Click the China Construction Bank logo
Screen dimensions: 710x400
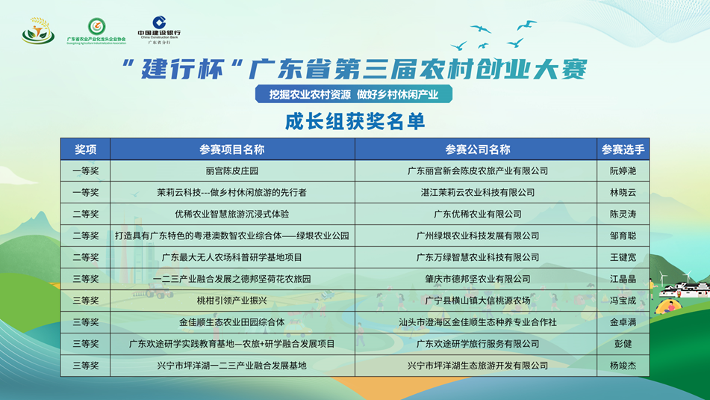point(159,30)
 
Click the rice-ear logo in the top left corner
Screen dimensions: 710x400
point(38,31)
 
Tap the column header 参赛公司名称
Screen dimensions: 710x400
point(478,150)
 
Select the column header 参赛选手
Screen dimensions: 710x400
point(623,150)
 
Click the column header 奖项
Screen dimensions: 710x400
point(86,150)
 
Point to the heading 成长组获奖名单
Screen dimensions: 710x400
point(355,121)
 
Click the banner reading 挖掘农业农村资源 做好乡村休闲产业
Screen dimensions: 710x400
point(354,94)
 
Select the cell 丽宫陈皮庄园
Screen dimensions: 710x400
point(232,171)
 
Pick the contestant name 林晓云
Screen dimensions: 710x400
point(623,193)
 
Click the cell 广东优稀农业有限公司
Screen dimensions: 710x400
point(478,214)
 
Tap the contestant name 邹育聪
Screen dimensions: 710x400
point(623,236)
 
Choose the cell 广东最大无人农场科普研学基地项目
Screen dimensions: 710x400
point(232,258)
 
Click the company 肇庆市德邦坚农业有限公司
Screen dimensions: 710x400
point(478,279)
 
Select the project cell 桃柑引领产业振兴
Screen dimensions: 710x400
point(232,301)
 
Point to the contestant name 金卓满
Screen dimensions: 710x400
point(623,322)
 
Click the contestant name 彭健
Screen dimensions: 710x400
point(623,344)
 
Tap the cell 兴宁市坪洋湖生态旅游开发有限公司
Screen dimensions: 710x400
point(478,366)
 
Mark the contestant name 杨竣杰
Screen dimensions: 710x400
point(623,366)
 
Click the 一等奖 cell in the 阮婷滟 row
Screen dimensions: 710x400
point(86,171)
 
